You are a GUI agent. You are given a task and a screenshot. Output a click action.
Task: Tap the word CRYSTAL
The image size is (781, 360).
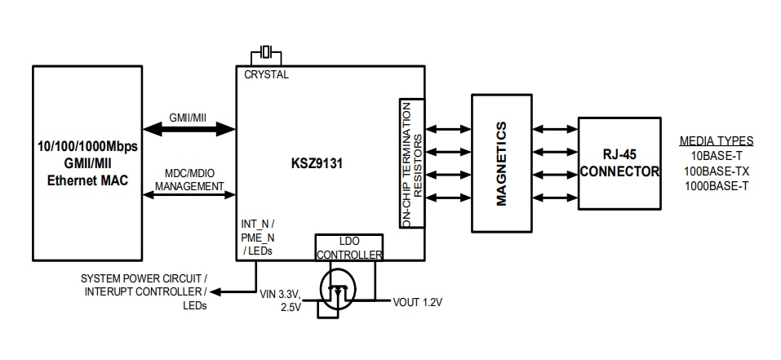266,75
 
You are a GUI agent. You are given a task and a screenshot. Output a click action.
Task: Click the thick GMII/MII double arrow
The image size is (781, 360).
188,128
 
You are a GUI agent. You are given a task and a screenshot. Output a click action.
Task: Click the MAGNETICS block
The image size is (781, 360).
501,162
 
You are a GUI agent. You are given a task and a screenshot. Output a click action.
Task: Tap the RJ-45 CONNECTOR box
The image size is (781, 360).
619,162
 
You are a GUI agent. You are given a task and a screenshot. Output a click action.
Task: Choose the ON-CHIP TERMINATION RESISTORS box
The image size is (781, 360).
411,162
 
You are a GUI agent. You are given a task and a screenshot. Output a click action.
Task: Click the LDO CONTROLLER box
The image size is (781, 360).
348,248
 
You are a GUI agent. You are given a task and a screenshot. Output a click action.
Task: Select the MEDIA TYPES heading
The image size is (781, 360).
716,141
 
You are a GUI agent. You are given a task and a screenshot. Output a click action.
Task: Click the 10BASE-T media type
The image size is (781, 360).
716,156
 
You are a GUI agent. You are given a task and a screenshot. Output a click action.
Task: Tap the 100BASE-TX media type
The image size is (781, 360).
716,171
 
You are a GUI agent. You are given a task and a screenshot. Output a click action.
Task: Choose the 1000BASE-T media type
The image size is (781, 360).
716,185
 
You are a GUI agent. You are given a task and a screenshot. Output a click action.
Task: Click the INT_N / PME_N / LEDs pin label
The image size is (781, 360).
258,236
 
